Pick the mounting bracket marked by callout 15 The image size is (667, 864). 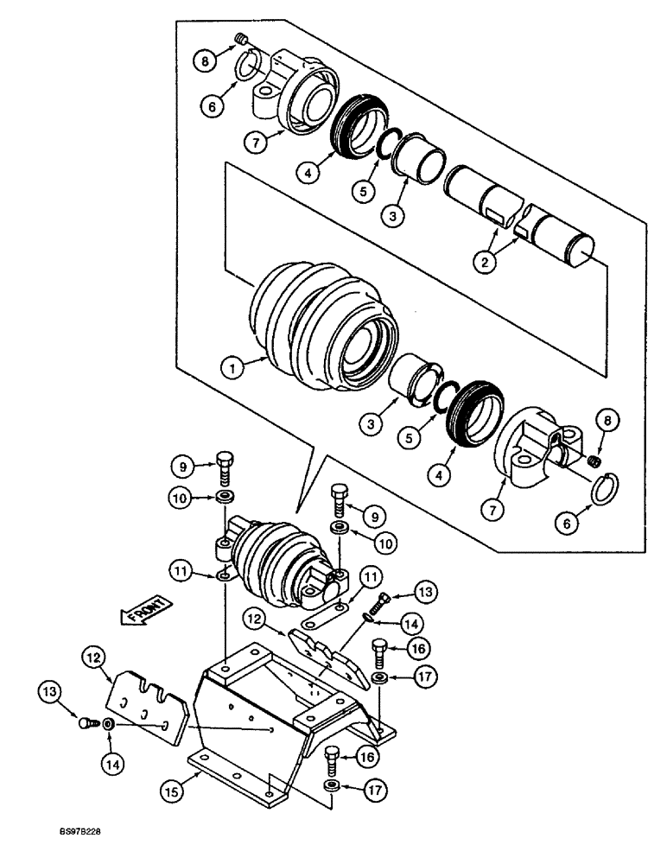point(285,708)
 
